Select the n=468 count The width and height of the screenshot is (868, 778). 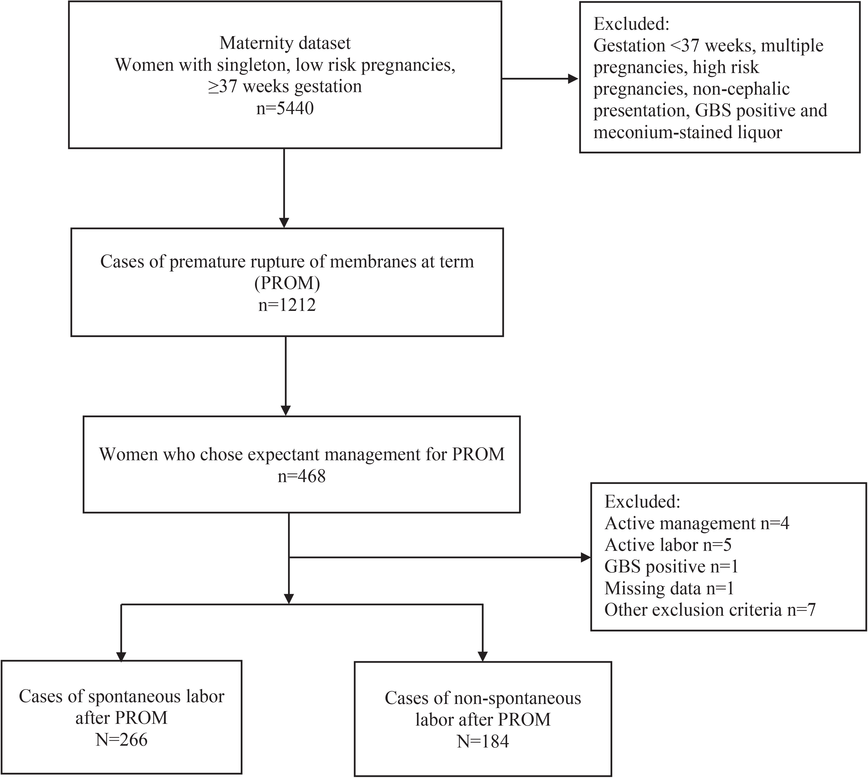302,476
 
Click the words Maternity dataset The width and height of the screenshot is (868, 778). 285,43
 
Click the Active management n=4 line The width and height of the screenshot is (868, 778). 697,523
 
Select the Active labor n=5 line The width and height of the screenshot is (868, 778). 668,545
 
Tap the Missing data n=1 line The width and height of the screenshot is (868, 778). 669,589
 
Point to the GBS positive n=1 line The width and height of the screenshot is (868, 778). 671,567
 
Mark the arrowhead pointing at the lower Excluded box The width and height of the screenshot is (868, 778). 585,557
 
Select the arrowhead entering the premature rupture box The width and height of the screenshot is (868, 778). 284,223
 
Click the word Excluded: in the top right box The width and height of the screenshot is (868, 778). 631,24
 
